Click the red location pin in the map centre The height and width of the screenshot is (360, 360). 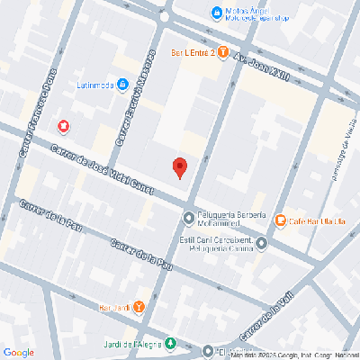point(179,166)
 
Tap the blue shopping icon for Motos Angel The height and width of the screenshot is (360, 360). point(216,13)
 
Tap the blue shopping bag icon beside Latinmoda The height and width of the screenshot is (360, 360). point(122,86)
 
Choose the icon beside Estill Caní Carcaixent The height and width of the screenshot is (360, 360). point(261,242)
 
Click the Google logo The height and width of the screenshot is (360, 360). point(18,351)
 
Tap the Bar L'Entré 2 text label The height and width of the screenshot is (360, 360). point(191,51)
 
